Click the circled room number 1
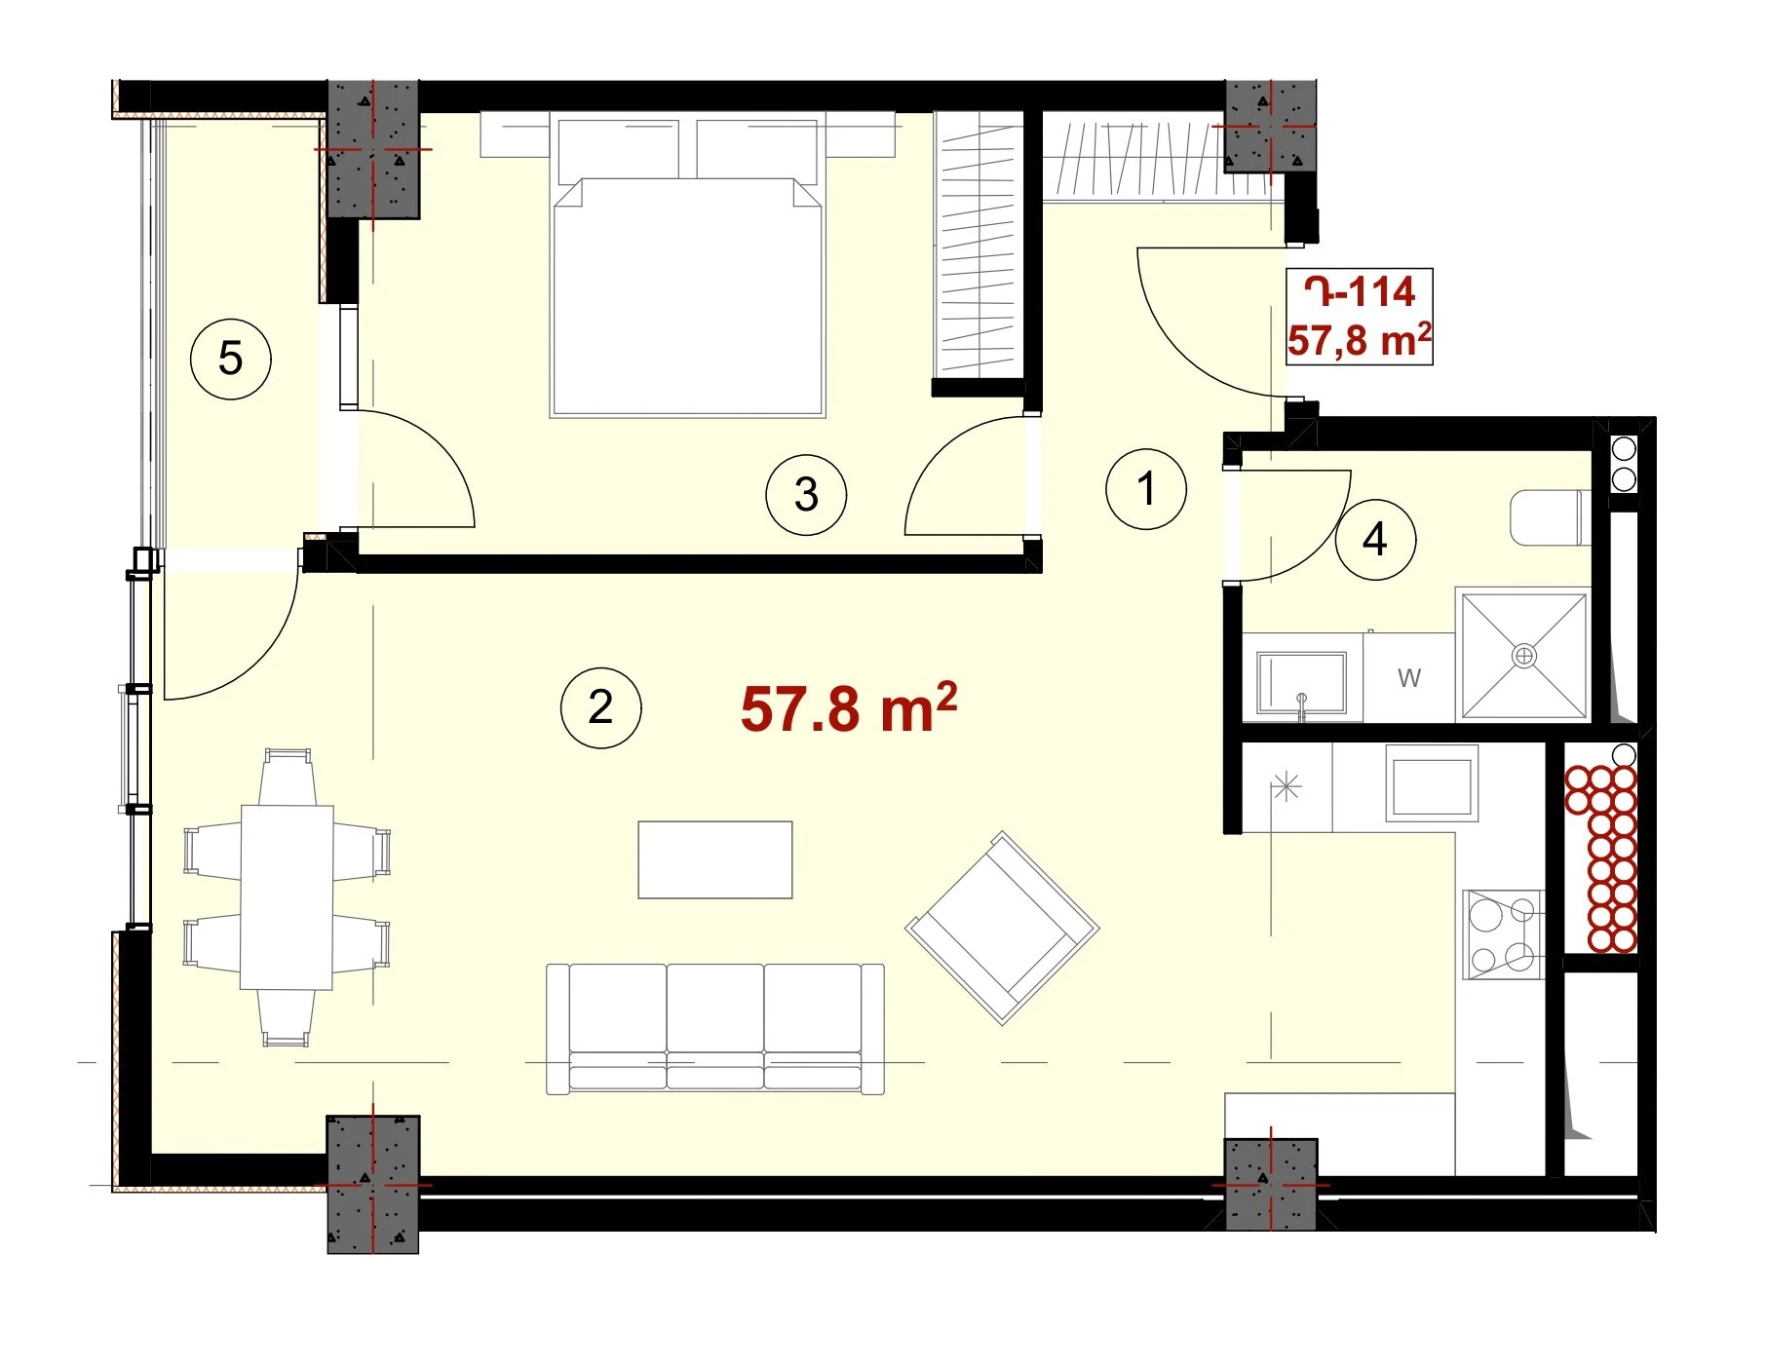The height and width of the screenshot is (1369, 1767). point(1146,488)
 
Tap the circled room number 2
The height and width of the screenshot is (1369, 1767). point(600,707)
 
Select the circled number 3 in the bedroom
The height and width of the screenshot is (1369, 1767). point(806,495)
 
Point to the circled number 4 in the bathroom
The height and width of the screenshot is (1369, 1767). point(1375,540)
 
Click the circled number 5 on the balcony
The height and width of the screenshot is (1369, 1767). point(230,359)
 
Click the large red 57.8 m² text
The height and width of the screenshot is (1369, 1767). point(849,707)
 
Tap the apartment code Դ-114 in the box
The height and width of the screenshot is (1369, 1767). point(1360,291)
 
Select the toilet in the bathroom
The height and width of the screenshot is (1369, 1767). point(1549,518)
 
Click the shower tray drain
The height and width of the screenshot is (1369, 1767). point(1523,656)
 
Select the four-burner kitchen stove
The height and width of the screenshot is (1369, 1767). point(1503,933)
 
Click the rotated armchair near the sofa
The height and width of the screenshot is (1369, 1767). point(1003,928)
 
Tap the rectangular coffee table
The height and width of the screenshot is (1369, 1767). point(715,859)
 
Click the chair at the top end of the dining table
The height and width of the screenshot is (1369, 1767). point(288,777)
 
